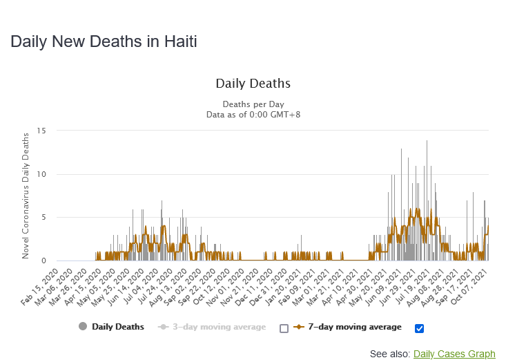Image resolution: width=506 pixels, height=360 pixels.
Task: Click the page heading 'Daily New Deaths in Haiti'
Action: coord(104,41)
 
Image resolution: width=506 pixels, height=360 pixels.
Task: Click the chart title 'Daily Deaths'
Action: coord(253,84)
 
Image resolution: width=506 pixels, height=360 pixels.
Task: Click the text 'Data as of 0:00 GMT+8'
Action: coord(253,115)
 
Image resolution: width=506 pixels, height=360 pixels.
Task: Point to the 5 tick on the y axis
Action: coord(44,218)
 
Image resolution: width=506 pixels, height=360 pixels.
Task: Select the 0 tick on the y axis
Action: coord(44,261)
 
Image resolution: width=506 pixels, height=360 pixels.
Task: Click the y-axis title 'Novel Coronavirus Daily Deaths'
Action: coord(26,196)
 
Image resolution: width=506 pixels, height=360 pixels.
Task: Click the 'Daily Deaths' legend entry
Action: coord(117,327)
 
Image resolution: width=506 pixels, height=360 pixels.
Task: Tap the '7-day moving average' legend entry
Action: coord(353,327)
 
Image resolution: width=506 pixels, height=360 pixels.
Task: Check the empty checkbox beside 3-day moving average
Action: coord(284,328)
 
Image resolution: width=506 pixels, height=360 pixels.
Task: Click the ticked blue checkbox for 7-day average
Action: coord(419,328)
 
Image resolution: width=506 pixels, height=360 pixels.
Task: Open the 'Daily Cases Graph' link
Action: coord(454,354)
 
